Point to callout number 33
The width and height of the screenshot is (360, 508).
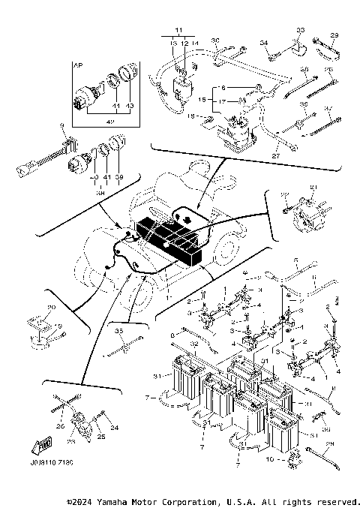300,29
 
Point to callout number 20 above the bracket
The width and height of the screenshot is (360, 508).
51,308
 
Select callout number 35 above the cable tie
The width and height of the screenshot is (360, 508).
118,330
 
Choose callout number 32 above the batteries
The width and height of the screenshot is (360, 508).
193,344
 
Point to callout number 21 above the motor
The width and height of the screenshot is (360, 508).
313,187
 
